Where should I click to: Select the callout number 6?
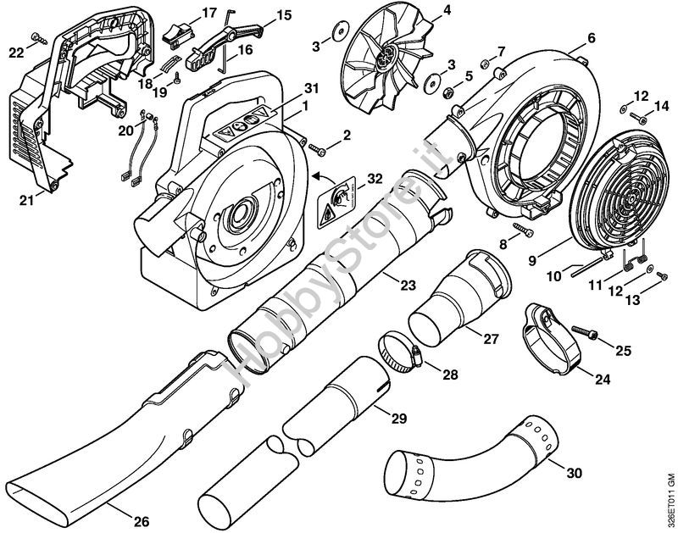(x=591, y=38)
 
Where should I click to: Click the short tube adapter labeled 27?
(x=458, y=305)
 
